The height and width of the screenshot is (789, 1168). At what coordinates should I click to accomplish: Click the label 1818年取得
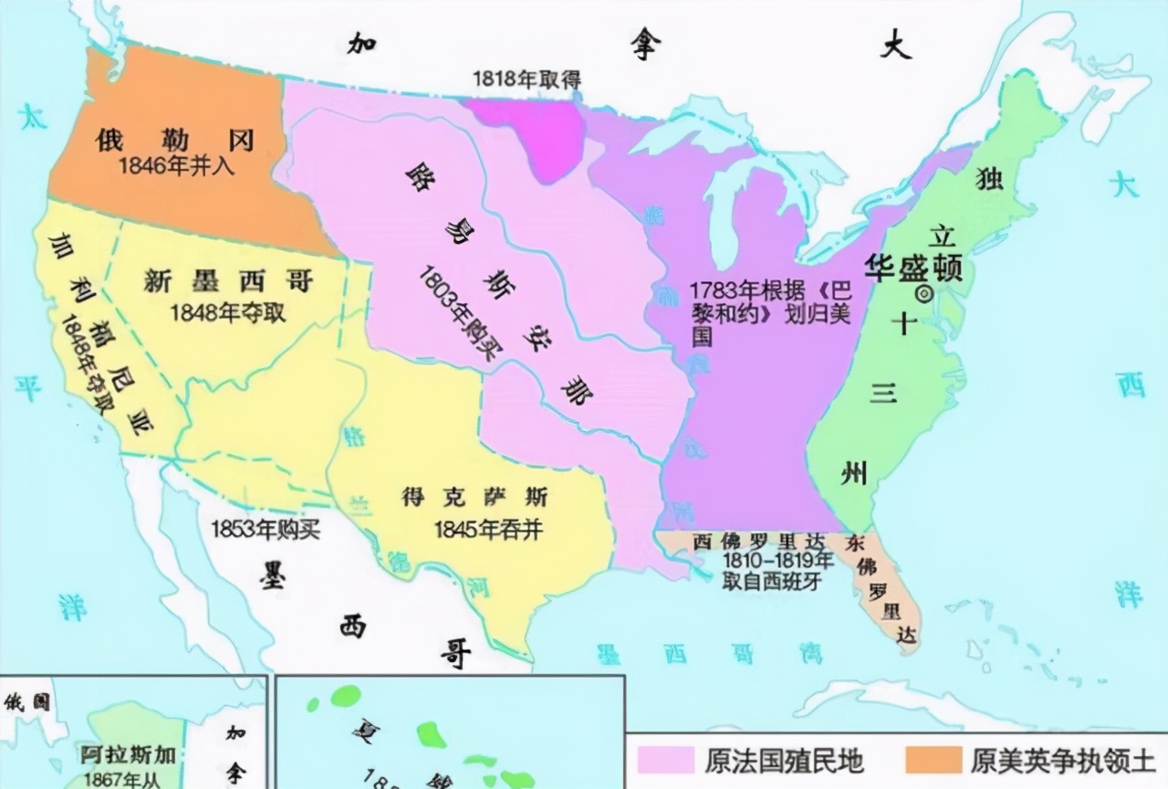pyautogui.click(x=526, y=79)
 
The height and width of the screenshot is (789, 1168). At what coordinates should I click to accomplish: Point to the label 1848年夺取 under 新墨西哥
pyautogui.click(x=228, y=312)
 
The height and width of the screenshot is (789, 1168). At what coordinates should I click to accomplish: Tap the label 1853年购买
pyautogui.click(x=266, y=529)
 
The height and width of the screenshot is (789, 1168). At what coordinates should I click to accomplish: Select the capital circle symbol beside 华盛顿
pyautogui.click(x=923, y=293)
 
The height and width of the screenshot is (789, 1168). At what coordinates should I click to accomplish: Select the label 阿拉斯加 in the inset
pyautogui.click(x=127, y=755)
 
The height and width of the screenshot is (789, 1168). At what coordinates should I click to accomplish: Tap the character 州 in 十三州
pyautogui.click(x=855, y=472)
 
